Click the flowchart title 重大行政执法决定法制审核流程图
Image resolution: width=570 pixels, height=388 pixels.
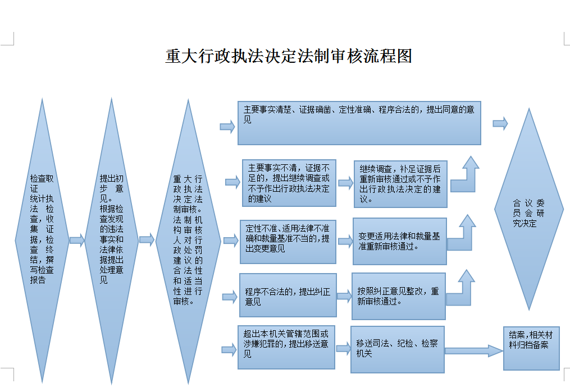289,57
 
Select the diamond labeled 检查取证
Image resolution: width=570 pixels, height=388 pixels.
42,235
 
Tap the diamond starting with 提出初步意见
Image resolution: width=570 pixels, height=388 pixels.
112,235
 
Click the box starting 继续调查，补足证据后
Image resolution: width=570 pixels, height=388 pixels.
400,184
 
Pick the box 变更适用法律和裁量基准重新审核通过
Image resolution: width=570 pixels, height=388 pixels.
399,241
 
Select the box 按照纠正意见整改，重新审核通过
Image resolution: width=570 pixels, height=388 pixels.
398,296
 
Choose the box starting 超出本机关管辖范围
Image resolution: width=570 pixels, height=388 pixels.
286,348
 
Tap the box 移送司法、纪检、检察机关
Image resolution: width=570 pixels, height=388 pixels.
397,349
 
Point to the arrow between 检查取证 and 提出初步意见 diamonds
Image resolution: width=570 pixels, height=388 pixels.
77,241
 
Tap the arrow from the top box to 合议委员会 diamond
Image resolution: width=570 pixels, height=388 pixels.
500,123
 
